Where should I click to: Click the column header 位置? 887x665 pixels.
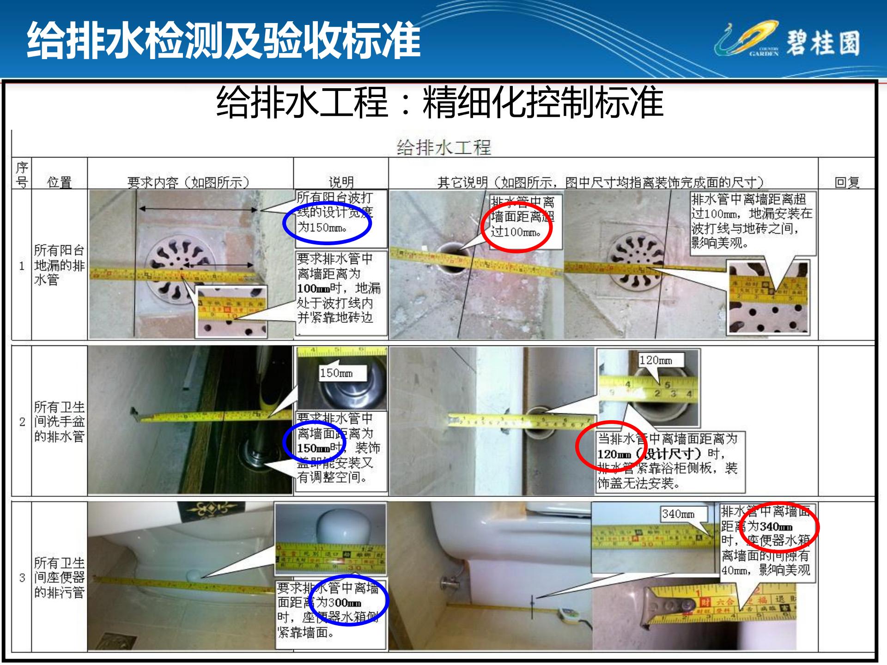59,182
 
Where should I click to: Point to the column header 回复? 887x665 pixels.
847,182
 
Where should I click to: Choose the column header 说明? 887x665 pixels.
341,182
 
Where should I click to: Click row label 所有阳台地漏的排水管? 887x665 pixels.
59,265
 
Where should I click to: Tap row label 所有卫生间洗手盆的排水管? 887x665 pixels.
59,421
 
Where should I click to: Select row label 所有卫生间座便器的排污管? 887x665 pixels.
59,577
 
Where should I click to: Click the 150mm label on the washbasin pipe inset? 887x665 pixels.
336,373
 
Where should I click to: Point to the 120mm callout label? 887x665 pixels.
656,360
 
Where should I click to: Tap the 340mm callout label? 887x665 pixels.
678,514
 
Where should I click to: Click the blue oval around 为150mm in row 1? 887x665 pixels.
327,224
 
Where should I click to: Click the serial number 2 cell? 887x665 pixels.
22,421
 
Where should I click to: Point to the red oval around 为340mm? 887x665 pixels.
779,526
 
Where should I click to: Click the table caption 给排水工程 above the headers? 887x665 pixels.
443,148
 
